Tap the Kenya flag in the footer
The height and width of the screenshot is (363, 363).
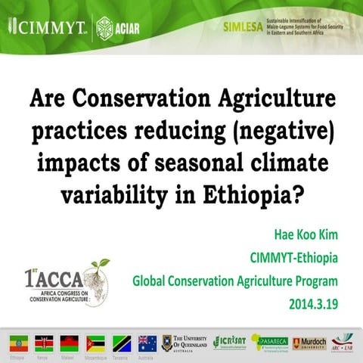click(44, 342)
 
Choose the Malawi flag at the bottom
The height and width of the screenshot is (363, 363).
click(69, 342)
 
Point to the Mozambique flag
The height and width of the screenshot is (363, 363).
click(95, 342)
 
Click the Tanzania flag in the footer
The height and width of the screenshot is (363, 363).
click(121, 342)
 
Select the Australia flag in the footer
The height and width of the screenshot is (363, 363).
click(147, 342)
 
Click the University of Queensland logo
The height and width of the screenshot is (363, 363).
click(183, 342)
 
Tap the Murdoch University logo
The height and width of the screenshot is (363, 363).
click(309, 343)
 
